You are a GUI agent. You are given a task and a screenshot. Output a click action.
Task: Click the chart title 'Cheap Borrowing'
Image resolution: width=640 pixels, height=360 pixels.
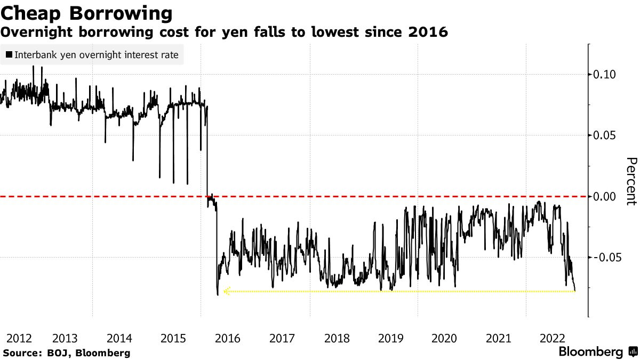coord(86,13)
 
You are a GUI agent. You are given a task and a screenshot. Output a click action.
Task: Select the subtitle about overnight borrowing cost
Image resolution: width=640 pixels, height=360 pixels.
coord(224,33)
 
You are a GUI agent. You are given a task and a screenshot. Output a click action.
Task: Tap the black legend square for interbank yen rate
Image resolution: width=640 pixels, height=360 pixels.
coord(10,54)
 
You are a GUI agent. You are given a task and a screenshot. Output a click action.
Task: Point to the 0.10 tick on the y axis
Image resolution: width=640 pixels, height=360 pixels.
coord(605,74)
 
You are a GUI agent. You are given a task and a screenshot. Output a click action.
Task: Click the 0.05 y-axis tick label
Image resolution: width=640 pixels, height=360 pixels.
coord(605,135)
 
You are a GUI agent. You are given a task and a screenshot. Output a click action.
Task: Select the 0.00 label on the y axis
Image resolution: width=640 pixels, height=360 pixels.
coord(605,196)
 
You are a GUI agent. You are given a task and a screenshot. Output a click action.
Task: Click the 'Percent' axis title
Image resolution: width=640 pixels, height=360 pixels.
coord(631,181)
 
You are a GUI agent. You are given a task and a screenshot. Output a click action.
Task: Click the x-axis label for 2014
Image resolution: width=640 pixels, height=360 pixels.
coord(119,338)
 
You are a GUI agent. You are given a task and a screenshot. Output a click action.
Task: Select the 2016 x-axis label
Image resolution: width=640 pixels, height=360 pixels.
coord(228,338)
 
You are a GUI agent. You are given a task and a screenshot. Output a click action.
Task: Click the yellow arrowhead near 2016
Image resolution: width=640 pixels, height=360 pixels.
coord(226,291)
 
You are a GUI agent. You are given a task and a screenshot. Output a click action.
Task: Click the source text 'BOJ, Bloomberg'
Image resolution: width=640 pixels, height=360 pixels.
coord(89,353)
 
